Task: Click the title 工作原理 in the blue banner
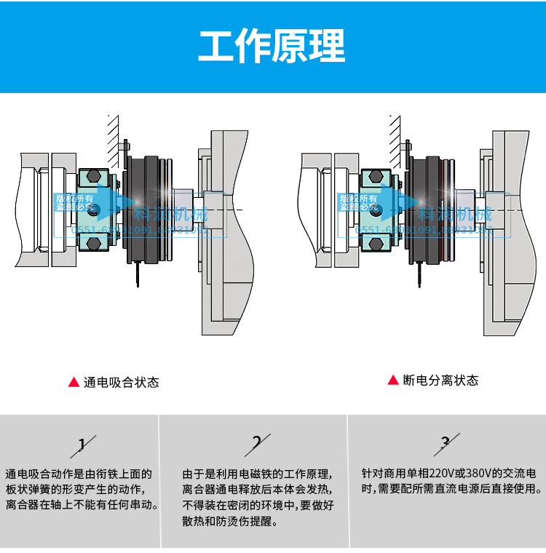coord(272,47)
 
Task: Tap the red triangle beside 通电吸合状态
coord(73,382)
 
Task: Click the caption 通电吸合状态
coord(121,382)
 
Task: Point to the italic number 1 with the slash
coord(82,444)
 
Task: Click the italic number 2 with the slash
coord(257,442)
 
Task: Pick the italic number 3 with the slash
coord(446,442)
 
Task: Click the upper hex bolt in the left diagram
coord(94,177)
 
